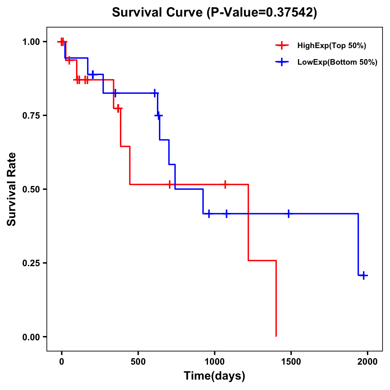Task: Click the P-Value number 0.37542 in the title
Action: click(x=290, y=12)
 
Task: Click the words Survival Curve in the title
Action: click(x=158, y=12)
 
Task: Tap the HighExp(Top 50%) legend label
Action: click(x=331, y=46)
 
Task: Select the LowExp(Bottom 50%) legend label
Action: click(x=337, y=62)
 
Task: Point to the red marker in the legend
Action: click(x=282, y=46)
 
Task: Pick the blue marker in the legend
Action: click(x=282, y=62)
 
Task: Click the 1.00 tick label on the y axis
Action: click(x=31, y=42)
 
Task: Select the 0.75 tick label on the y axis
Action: click(x=31, y=115)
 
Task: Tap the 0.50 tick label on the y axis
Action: click(x=31, y=189)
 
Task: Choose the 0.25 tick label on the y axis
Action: click(x=31, y=263)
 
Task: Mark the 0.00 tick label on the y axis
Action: click(x=31, y=337)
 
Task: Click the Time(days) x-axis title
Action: click(x=214, y=376)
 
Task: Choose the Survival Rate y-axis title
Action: click(x=12, y=189)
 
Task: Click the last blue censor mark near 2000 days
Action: click(x=364, y=275)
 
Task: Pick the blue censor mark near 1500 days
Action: click(x=288, y=214)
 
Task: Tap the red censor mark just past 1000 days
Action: click(x=225, y=184)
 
